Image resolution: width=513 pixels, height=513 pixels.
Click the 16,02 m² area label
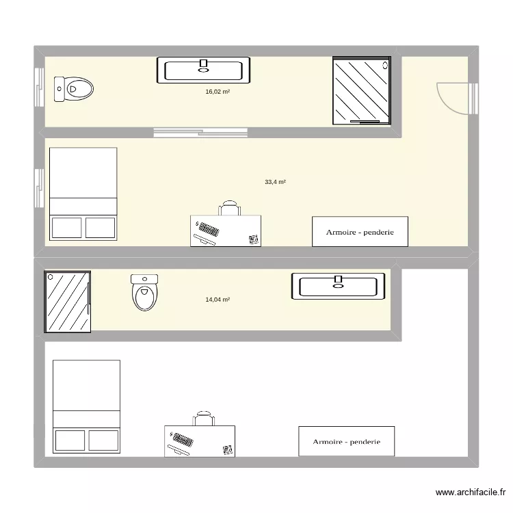(x=218, y=91)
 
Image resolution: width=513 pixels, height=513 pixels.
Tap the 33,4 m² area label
(x=275, y=182)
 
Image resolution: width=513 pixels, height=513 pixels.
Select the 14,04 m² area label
(x=218, y=300)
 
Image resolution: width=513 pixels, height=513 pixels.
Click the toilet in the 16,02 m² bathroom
(x=74, y=89)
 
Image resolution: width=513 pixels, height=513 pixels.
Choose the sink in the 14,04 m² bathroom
(x=338, y=286)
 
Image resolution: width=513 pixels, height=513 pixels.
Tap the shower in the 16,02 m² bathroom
(x=363, y=90)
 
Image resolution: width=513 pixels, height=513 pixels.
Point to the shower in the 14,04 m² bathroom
(x=67, y=301)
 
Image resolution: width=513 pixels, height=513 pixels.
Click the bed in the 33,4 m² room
(x=83, y=193)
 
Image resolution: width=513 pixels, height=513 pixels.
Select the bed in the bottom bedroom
(x=86, y=406)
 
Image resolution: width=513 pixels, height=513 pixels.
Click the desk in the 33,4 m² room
(x=226, y=231)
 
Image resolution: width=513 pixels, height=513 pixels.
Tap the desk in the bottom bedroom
(x=199, y=440)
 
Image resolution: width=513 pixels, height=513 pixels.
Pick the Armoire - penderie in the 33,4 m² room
(x=360, y=232)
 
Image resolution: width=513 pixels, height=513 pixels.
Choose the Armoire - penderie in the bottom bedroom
(x=346, y=441)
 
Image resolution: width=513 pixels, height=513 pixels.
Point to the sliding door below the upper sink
(x=201, y=131)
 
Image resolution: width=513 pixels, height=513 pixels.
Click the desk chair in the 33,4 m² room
(x=229, y=208)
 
